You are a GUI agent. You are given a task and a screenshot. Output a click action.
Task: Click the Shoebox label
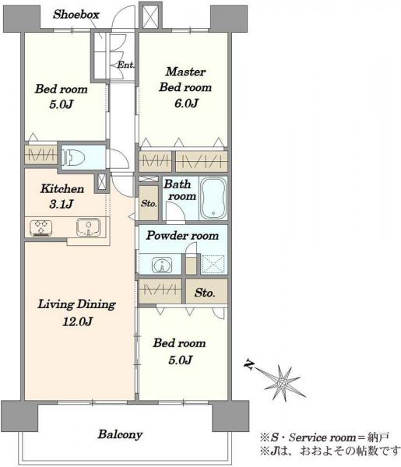[76, 15]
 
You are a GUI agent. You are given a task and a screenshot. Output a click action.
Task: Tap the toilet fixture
[73, 157]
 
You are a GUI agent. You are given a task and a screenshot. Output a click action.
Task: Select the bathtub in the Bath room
[213, 198]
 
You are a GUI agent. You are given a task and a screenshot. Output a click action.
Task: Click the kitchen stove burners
[41, 228]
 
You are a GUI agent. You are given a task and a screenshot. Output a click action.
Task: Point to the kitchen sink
[88, 227]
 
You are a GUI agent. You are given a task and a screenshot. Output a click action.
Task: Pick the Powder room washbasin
[162, 264]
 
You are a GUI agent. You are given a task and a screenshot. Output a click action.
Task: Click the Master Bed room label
[185, 79]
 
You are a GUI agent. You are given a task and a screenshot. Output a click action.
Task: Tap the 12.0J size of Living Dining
[77, 321]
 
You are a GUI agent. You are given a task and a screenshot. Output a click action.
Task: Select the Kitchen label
[62, 189]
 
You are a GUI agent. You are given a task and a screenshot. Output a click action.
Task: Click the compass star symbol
[282, 382]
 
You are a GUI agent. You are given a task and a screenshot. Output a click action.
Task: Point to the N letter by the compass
[249, 364]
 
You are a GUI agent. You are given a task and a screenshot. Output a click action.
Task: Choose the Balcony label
[120, 434]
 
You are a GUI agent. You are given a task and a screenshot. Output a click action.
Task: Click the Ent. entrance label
[125, 65]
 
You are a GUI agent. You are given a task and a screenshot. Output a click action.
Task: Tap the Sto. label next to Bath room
[149, 204]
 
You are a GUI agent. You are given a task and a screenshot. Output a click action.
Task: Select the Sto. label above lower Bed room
[205, 293]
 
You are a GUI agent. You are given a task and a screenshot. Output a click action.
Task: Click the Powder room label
[183, 236]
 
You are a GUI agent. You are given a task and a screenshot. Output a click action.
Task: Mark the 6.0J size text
[187, 104]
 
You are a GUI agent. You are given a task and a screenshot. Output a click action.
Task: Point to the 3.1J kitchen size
[61, 204]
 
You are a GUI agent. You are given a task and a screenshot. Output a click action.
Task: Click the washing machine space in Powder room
[213, 265]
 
